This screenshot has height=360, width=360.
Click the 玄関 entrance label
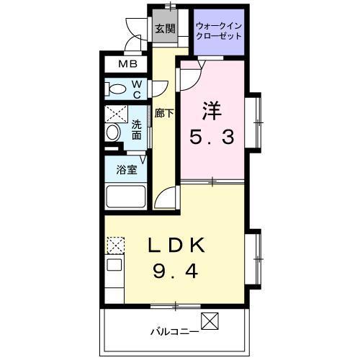coord(165,29)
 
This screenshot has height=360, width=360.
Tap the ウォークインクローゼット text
coord(220,31)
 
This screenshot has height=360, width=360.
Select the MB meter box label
coord(127,65)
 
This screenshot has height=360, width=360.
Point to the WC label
coord(137,89)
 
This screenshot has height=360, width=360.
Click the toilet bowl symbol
coord(116,89)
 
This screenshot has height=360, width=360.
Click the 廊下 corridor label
coord(161,113)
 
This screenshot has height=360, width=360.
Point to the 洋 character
coord(210,112)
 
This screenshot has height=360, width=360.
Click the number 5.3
coord(212,137)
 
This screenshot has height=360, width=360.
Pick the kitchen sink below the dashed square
coord(114,270)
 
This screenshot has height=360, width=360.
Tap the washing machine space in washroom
coord(116,114)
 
